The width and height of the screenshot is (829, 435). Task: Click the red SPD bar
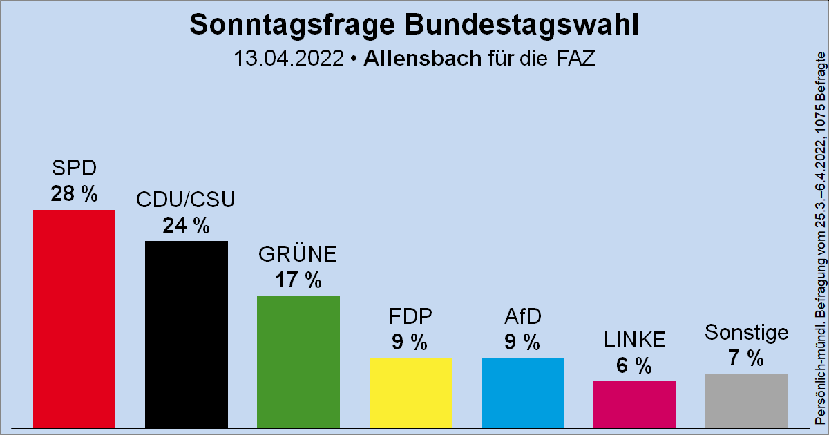pos(75,318)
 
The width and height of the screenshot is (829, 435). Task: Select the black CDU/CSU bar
pos(187,333)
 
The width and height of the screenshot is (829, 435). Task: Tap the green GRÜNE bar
pos(298,361)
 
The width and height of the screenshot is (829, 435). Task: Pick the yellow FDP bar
pos(410,392)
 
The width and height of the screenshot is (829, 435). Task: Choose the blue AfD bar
pos(522,392)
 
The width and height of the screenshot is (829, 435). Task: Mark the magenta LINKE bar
pos(634,404)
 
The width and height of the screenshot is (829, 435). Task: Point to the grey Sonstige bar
pos(746,400)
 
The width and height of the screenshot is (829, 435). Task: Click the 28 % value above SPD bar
pos(75,194)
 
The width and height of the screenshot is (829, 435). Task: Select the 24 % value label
pos(187,225)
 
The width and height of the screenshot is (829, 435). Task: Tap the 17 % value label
pos(298,280)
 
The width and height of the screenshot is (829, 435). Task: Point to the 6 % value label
pos(634,365)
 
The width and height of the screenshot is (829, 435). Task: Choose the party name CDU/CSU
pos(187,200)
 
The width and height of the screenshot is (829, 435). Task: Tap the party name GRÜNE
pos(298,254)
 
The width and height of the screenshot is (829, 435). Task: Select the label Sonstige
pos(746,332)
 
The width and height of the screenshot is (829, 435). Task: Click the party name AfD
pos(522,317)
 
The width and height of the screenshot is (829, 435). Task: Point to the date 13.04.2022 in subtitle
pos(289,58)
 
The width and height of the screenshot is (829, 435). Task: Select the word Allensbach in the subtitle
pos(421,58)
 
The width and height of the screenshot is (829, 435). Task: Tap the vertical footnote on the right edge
pos(820,235)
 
